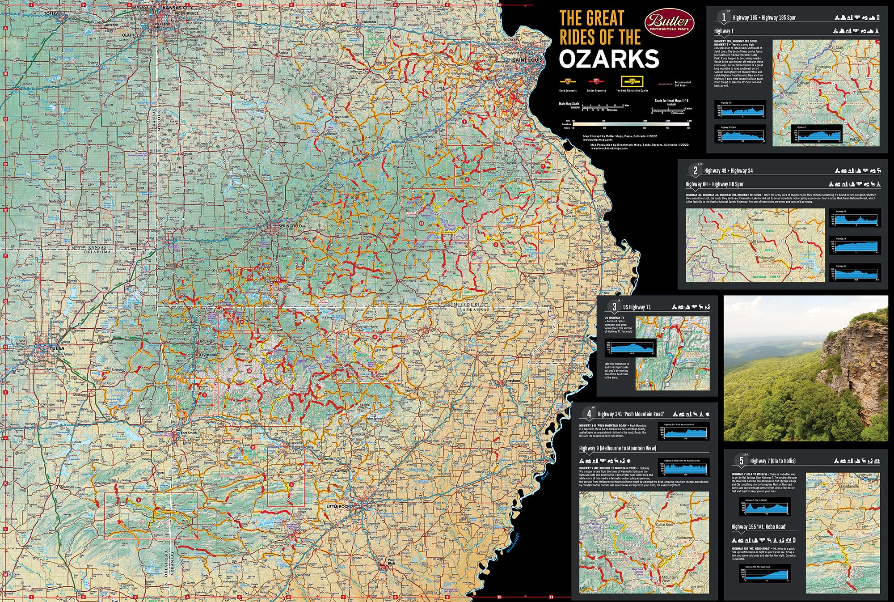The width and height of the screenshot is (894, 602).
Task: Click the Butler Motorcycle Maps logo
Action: pos(669,22)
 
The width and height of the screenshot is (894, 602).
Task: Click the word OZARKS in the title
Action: pos(609,59)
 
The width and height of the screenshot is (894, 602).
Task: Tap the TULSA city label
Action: pos(57,348)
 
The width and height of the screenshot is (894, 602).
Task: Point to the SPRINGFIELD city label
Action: pos(290,226)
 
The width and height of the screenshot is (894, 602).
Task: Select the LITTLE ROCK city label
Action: pos(338,506)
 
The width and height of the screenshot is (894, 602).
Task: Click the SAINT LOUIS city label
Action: pos(527,60)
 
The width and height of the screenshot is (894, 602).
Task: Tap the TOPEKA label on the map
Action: pos(51,14)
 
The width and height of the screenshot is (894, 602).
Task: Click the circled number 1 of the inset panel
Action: pos(723,17)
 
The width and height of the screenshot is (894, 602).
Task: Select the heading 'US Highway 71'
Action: pos(637,307)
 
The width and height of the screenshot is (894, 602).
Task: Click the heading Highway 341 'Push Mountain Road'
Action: pos(630,414)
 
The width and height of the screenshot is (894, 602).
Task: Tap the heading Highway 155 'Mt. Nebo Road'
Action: pos(759,527)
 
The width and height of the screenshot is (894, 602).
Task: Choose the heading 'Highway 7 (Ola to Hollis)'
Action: pos(772,461)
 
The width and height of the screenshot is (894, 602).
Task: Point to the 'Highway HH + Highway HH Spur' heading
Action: pos(714,184)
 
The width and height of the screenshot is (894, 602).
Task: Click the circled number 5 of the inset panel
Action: pos(741,461)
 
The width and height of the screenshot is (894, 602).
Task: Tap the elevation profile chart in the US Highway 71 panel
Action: pos(633,348)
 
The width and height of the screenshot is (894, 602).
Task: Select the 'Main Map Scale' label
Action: pos(569,104)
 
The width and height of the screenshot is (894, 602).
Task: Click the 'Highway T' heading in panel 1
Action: pos(723,31)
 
